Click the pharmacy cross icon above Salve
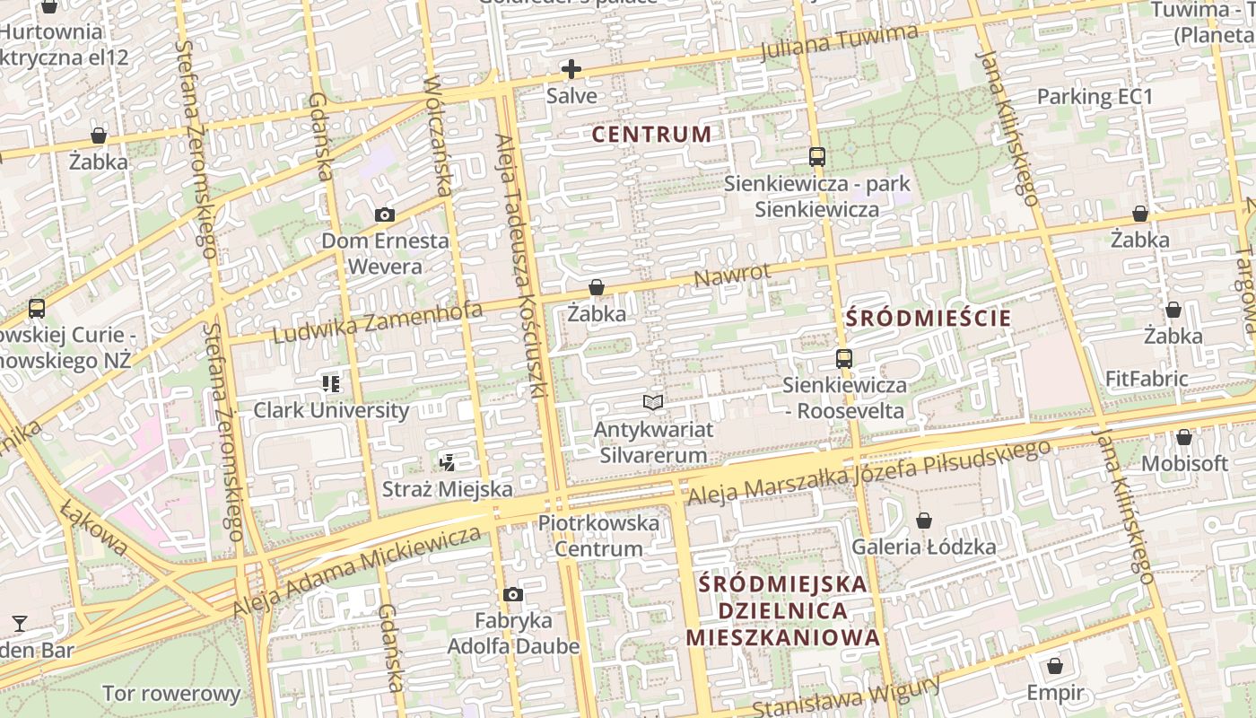coord(571,69)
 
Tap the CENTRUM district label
coord(652,135)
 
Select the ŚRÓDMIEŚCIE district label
coord(929,318)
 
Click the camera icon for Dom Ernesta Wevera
coord(385,215)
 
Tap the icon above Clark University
coord(331,384)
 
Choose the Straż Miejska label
coord(448,489)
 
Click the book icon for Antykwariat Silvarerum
coord(654,403)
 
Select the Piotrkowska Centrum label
coord(598,535)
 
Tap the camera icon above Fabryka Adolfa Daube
coord(513,594)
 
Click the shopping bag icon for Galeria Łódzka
coord(923,521)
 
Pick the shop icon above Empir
coord(1055,666)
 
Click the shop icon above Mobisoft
coord(1184,437)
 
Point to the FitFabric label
coord(1147,379)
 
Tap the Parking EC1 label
coord(1094,96)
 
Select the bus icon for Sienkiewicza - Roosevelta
coord(843,359)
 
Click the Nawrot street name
coord(731,276)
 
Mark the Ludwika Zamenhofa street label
coord(377,323)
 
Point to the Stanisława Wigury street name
coord(846,696)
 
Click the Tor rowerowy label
coord(171,694)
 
